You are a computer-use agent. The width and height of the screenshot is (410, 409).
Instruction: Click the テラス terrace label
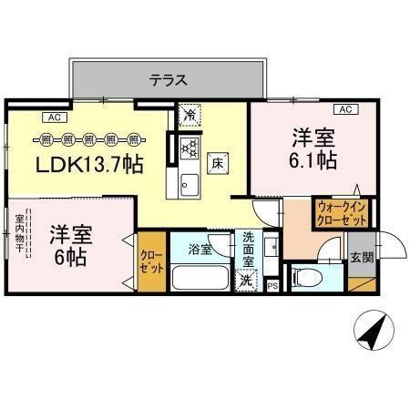coord(169,79)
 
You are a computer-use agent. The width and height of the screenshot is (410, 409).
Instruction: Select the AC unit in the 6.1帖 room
coord(344,109)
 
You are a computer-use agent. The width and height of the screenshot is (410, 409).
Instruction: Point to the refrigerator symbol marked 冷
coord(189,115)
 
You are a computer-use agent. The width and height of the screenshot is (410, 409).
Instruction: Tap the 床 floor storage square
coord(219,164)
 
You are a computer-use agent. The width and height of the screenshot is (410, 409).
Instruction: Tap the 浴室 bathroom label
coord(200,248)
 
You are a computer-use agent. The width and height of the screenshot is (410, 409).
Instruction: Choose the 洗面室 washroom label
coord(249,250)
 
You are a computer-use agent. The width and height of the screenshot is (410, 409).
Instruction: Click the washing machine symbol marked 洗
coord(246,281)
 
